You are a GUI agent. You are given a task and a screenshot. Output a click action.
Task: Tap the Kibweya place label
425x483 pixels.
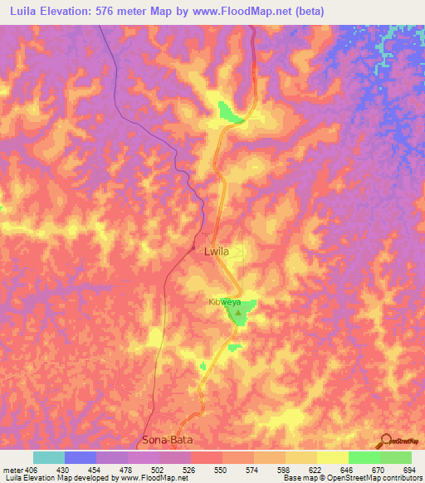pos(224,303)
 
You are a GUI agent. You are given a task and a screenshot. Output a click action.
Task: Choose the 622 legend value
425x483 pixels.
pos(310,469)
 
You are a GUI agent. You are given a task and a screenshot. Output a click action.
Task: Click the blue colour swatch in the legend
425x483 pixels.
pos(81,457)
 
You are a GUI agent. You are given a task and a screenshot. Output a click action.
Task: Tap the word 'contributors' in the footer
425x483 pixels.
pos(397,478)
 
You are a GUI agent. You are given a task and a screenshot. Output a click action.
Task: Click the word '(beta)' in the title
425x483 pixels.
pos(307,12)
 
